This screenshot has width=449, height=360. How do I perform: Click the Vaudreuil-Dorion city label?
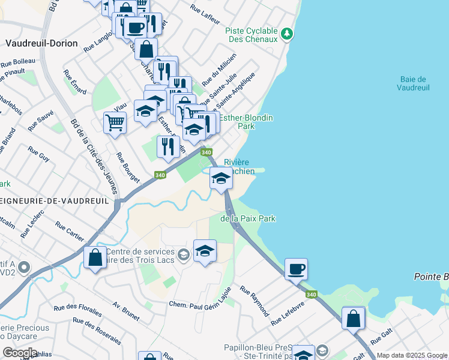point(37,43)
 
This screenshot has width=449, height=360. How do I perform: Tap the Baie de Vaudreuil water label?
point(413,83)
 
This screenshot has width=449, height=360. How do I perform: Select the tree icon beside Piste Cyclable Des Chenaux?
point(288,32)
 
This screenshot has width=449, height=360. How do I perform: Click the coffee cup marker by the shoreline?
point(296,269)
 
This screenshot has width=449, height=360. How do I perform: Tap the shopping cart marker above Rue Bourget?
point(115,123)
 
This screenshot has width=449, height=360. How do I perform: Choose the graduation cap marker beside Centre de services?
point(205,251)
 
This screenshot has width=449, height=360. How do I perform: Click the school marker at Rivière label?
point(221,178)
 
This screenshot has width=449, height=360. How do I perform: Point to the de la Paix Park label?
point(247,219)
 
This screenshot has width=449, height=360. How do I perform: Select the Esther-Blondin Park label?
point(246,122)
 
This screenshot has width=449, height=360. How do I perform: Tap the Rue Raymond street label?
point(255,301)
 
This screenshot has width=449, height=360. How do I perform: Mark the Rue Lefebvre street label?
point(288,313)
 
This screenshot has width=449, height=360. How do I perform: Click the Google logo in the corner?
point(20,353)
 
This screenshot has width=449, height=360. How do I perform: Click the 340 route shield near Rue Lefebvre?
point(311,295)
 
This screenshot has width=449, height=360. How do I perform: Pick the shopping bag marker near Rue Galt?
point(354,317)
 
